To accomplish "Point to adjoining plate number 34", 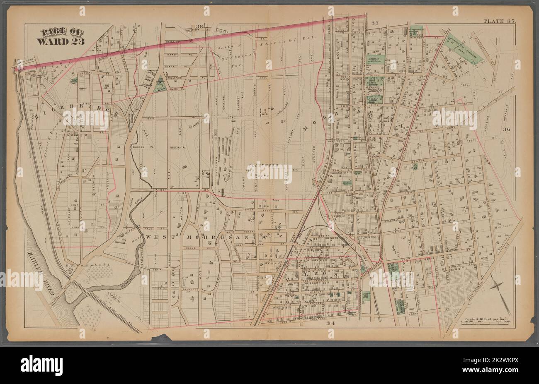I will click(330, 323).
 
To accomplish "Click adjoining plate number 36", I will click(506, 130).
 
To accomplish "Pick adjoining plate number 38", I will click(200, 27).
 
